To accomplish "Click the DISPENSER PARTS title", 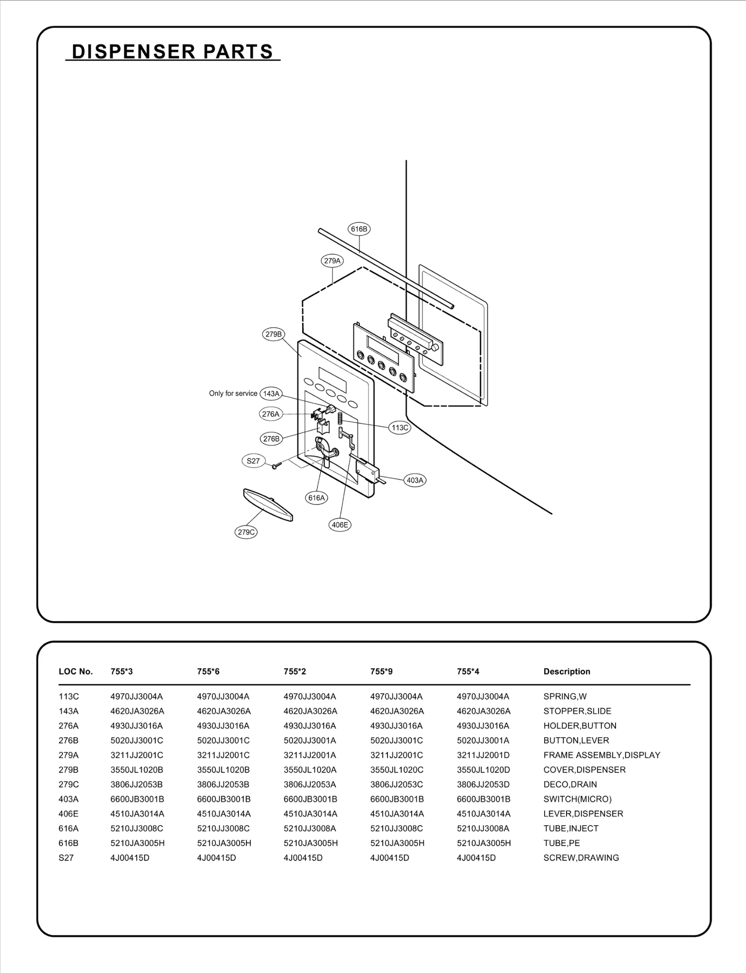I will click(173, 51).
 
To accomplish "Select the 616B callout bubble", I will click(359, 229).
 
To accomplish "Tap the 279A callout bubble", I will click(332, 261).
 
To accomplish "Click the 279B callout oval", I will click(274, 334).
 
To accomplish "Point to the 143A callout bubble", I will click(271, 393).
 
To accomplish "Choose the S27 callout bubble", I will click(253, 461).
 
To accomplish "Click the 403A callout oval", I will click(415, 480).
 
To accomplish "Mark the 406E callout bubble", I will click(340, 525).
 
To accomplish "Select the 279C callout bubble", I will click(246, 532).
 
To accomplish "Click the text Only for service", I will click(233, 393).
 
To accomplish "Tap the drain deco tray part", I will click(268, 504).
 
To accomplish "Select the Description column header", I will click(566, 671).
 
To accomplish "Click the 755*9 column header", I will click(381, 671).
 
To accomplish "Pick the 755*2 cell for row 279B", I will click(310, 770).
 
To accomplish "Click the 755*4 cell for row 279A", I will click(483, 755).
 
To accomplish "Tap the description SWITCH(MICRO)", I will click(577, 799).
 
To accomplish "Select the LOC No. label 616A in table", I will click(69, 828).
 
